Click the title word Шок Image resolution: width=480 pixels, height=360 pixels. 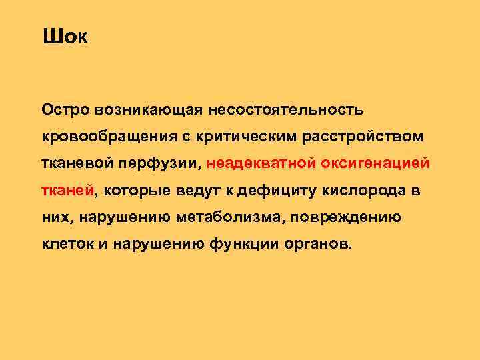(x=65, y=36)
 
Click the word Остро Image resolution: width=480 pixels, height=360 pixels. (x=65, y=108)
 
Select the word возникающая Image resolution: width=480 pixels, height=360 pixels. (x=151, y=108)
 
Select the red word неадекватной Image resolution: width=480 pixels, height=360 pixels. (x=262, y=163)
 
